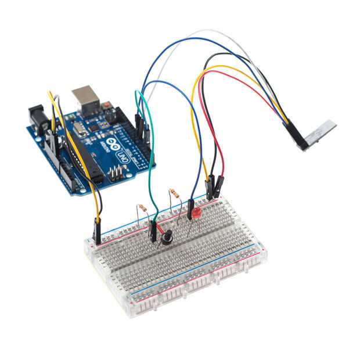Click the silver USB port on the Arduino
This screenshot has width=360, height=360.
[85, 99]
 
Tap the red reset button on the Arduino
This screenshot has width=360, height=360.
[107, 106]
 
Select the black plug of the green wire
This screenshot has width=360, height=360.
[153, 231]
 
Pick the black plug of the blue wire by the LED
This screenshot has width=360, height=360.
[190, 209]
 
